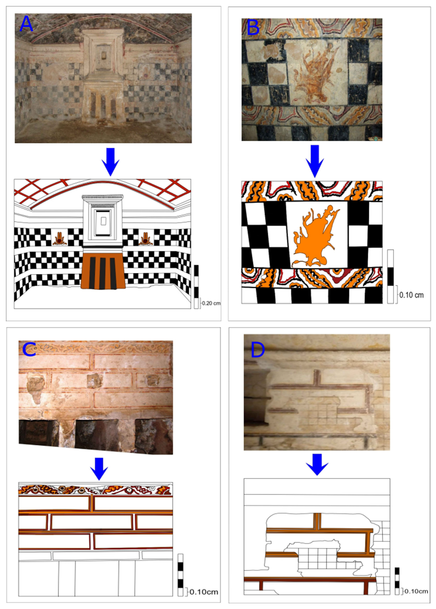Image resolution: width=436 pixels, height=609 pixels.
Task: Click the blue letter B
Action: pos(253,27)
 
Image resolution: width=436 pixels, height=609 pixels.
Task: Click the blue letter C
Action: pos(29,349)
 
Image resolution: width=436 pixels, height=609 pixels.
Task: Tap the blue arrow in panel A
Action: pos(110,161)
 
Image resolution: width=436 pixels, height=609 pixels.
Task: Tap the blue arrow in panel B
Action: pos(315,161)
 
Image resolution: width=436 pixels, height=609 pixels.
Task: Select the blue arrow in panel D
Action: pos(317,464)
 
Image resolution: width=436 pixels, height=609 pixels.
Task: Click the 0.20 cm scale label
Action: pos(211,303)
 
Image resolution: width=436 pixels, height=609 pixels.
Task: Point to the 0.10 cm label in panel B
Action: pos(412,295)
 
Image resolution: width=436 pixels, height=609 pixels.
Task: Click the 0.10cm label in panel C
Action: pos(204,592)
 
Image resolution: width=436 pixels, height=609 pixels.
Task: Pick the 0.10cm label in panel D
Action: pos(416,591)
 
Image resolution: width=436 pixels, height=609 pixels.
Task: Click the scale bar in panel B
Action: pos(391,277)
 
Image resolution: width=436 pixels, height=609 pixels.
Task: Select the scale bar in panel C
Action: pos(180,575)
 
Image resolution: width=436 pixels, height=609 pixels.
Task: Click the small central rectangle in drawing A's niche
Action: pos(103,221)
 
